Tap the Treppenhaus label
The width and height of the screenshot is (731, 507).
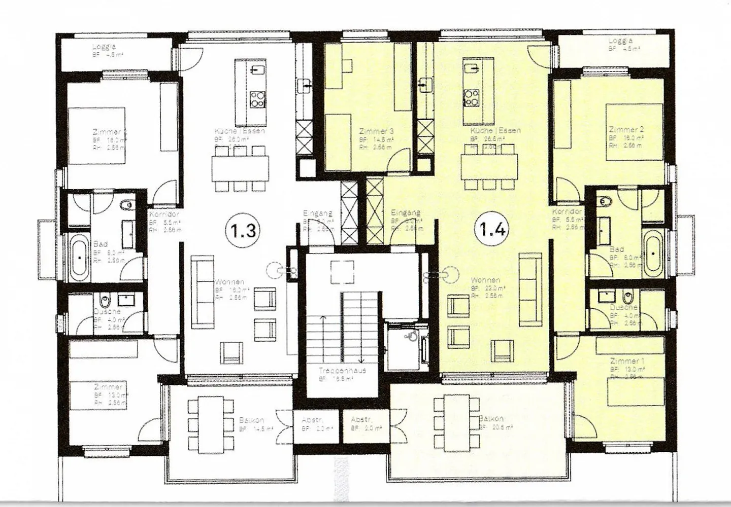343,371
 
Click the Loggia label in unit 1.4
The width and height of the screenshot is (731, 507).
621,41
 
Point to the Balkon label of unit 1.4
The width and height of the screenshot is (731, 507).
491,419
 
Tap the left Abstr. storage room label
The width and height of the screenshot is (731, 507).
312,420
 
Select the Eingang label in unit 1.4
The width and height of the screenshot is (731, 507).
406,213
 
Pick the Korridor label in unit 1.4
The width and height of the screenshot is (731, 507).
567,211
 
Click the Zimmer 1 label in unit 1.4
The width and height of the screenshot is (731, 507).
627,361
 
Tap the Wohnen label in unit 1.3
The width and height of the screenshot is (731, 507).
230,282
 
